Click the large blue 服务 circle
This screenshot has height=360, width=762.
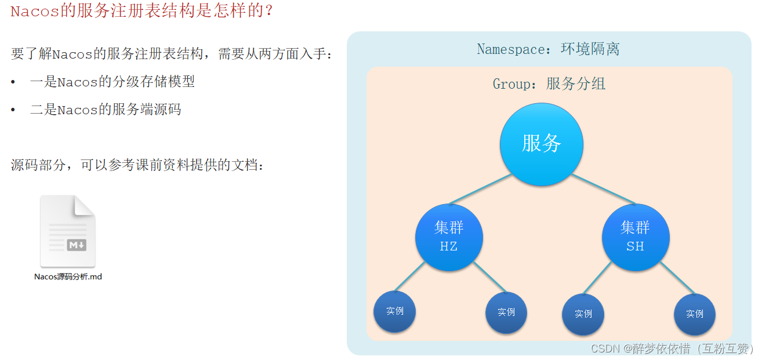pyautogui.click(x=541, y=144)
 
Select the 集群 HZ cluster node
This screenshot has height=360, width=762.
pyautogui.click(x=449, y=237)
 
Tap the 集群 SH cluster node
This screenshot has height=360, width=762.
pyautogui.click(x=636, y=237)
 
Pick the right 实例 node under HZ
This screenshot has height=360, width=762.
pyautogui.click(x=506, y=312)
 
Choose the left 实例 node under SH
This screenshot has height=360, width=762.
pyautogui.click(x=583, y=314)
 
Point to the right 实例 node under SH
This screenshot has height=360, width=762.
pyautogui.click(x=695, y=314)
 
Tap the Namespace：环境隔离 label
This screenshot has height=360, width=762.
pyautogui.click(x=548, y=49)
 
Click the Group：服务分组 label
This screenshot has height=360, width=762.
pyautogui.click(x=549, y=84)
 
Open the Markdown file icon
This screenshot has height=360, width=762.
pyautogui.click(x=68, y=231)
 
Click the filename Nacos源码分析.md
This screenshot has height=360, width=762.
pyautogui.click(x=68, y=277)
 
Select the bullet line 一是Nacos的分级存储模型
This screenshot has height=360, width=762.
pyautogui.click(x=112, y=82)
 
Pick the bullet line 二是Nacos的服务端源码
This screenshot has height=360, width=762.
pyautogui.click(x=106, y=109)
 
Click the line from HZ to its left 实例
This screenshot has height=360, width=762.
pyautogui.click(x=410, y=277)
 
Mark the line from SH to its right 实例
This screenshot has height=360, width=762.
pyautogui.click(x=678, y=278)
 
